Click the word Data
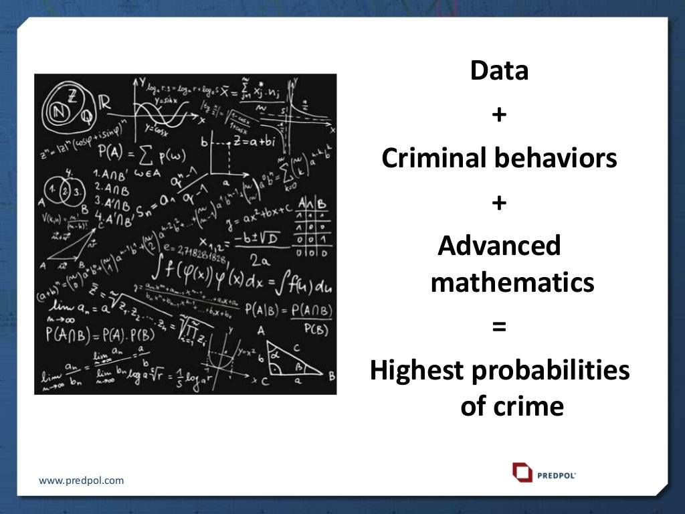(x=499, y=71)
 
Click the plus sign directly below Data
(x=499, y=115)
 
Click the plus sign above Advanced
(x=499, y=203)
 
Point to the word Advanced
(x=499, y=246)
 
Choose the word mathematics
(x=512, y=283)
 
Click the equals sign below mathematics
(x=499, y=327)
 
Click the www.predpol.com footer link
(x=81, y=481)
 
